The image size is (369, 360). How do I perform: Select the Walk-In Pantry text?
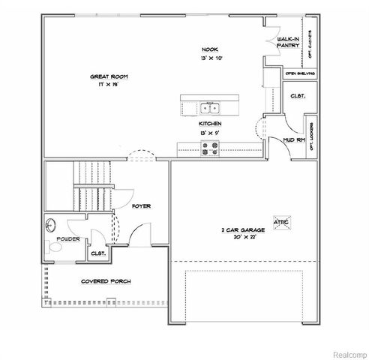pos(288,42)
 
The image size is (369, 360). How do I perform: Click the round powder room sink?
pos(52,223)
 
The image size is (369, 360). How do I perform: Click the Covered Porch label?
pos(106,281)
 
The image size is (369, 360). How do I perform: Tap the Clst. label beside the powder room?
pos(97,253)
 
